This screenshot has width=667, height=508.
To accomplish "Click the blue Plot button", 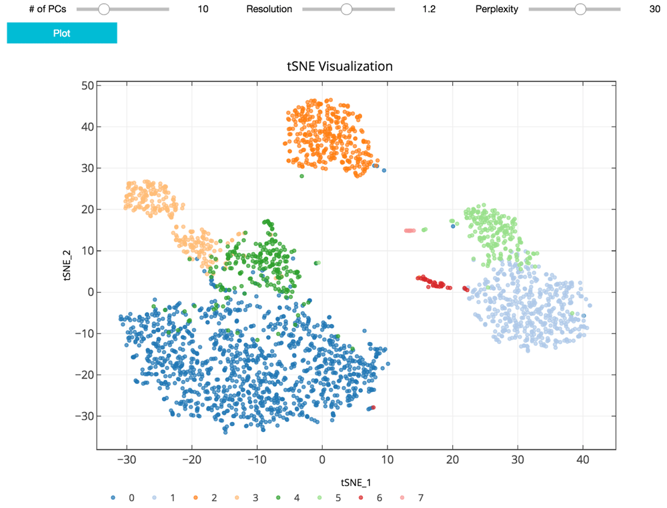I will [x=61, y=33].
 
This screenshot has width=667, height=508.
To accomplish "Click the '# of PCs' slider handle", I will [x=103, y=9].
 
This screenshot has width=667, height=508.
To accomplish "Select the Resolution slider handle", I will [x=346, y=9].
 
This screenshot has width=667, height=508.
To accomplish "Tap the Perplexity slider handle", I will [x=580, y=9].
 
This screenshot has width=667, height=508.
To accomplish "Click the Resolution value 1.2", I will [x=429, y=9].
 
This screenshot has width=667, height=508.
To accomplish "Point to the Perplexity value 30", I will [x=654, y=9].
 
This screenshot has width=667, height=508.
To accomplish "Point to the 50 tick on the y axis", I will [x=86, y=85].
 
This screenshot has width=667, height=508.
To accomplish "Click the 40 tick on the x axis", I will [x=583, y=460].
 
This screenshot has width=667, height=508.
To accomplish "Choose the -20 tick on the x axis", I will [x=191, y=460].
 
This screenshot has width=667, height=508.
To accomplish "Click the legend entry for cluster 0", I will [x=123, y=497].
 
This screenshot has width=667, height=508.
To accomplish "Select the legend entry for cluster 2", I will [x=206, y=497].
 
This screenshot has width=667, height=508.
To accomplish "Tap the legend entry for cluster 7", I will [x=412, y=497].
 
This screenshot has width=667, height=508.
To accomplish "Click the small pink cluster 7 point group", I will [x=410, y=231].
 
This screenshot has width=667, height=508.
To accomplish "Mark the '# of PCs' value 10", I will [x=203, y=9].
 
